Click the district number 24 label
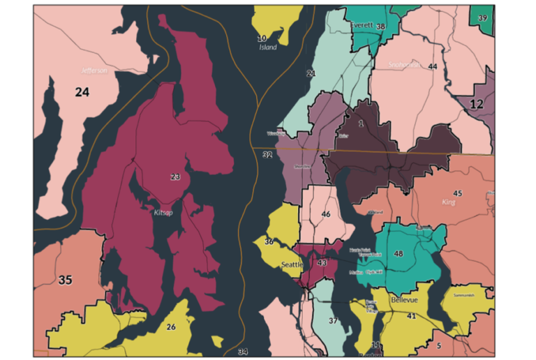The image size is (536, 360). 82,91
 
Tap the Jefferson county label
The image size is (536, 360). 94,70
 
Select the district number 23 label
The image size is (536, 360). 175,177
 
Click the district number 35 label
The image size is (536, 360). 65,280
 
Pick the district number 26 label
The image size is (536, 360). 171,326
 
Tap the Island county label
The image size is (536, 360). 267,47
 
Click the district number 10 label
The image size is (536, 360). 262,38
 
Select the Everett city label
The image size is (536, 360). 362,24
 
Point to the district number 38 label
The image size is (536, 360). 380,27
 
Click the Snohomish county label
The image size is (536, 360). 405,64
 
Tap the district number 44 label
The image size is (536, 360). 433,66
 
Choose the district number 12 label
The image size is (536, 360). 477,104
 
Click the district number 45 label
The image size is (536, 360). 457,193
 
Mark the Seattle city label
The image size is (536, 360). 291,265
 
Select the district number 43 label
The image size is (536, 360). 322,263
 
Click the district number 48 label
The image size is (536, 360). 399,253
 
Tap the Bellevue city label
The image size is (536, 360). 403,299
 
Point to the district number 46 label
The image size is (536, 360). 325,214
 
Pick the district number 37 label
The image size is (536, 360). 334,320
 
